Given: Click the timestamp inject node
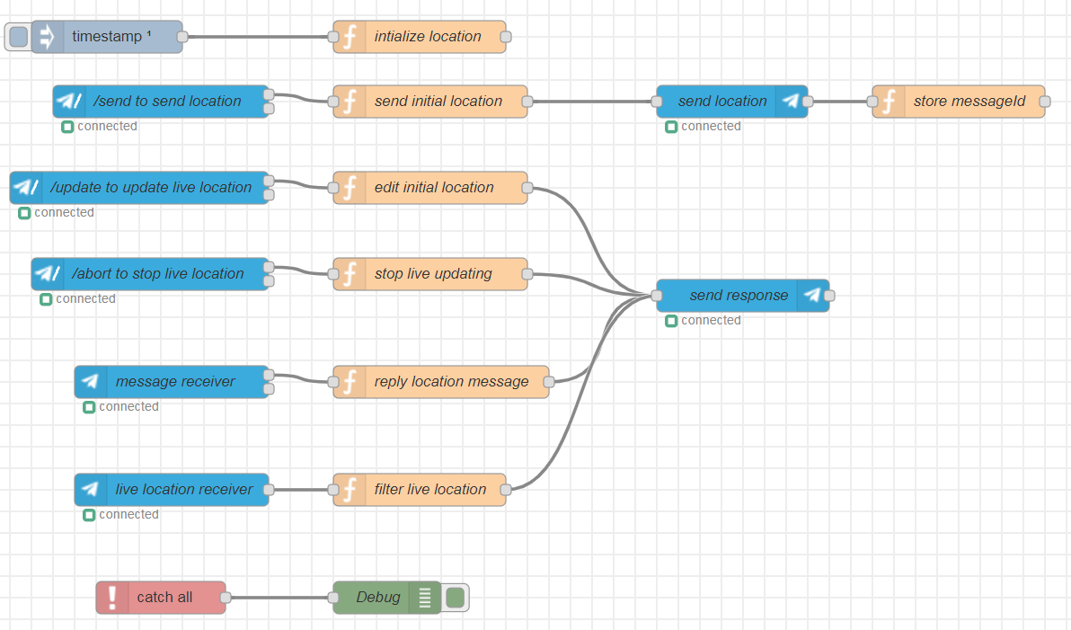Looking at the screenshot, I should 107,37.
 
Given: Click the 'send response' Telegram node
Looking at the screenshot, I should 742,296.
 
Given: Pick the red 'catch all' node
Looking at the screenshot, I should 161,598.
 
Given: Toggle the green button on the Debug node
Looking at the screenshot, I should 456,598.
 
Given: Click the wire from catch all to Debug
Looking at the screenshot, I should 279,598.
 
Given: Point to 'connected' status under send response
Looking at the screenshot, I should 710,321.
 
